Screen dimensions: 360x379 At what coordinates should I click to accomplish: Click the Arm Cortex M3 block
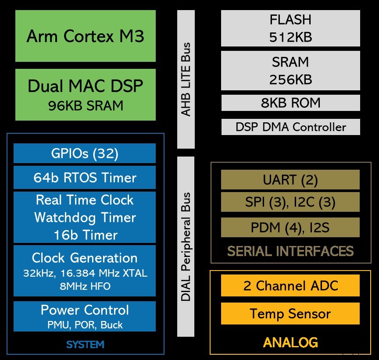[x=85, y=36]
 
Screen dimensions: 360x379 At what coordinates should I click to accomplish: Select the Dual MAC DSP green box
[x=85, y=94]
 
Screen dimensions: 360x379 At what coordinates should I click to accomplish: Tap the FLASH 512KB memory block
[x=290, y=29]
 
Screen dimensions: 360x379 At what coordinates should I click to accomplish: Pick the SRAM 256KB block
[x=290, y=71]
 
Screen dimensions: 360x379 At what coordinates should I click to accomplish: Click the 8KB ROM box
[x=290, y=103]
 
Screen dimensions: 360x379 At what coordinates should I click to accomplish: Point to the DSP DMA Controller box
[x=290, y=127]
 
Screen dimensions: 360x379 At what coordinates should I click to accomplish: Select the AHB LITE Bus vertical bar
[x=186, y=79]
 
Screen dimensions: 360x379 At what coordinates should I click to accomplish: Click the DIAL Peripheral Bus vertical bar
[x=186, y=246]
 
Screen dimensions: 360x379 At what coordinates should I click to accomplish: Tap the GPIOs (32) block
[x=85, y=153]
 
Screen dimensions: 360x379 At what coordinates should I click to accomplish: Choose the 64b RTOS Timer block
[x=85, y=178]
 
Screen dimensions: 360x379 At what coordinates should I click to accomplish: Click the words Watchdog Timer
[x=85, y=217]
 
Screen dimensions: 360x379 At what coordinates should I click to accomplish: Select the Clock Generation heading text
[x=85, y=258]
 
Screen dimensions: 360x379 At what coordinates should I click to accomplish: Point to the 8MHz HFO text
[x=85, y=287]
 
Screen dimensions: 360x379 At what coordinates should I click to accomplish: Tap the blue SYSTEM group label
[x=85, y=345]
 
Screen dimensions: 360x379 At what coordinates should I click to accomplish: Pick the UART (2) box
[x=290, y=180]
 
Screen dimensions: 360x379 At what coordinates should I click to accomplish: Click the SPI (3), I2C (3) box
[x=290, y=203]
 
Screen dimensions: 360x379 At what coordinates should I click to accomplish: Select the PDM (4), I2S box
[x=290, y=228]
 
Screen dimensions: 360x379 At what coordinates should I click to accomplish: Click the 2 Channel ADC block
[x=290, y=286]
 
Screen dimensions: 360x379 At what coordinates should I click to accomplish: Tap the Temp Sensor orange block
[x=290, y=314]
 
